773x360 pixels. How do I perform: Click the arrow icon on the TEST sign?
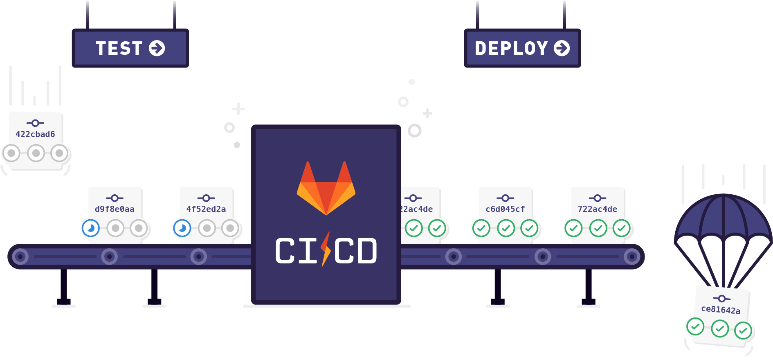157,48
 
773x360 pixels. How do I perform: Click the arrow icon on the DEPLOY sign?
562,48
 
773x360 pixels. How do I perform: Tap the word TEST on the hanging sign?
119,48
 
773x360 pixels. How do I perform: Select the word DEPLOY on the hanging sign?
511,48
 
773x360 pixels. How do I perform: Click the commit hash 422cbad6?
35,134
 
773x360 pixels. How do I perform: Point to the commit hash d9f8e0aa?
115,209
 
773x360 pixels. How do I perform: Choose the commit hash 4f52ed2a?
206,209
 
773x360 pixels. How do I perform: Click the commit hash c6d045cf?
505,209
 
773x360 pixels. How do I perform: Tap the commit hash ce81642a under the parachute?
721,310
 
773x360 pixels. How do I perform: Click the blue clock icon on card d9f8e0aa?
91,228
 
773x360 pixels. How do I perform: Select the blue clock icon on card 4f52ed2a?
182,228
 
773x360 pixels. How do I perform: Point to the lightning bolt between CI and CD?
326,249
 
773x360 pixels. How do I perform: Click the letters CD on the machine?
355,251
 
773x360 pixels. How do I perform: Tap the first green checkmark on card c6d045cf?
481,228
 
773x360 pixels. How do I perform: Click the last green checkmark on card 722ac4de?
622,228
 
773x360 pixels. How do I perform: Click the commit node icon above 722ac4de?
598,198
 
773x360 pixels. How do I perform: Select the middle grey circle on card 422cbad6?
36,153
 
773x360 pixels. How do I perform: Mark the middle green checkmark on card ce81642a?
720,328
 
